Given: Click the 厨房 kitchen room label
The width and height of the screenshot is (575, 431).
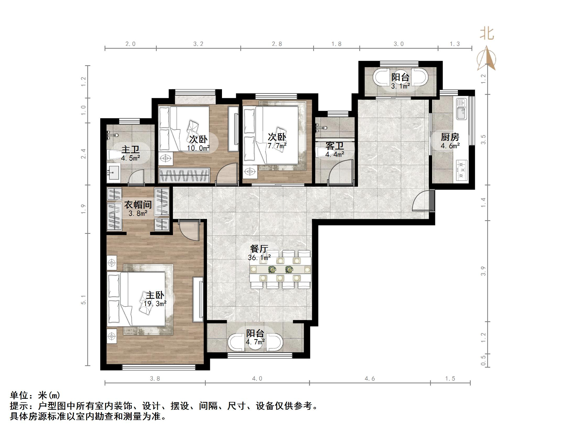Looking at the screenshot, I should tap(450, 137).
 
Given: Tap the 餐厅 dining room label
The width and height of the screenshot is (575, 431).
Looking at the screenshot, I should tap(259, 248).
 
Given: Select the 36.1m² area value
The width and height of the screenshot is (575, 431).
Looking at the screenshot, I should tap(259, 258).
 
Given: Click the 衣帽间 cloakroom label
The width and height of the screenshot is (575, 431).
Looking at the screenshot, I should tap(138, 205).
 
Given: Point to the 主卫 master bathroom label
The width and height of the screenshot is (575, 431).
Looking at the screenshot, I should tap(130, 150).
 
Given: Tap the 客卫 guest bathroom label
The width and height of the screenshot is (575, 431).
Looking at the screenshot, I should tap(334, 146).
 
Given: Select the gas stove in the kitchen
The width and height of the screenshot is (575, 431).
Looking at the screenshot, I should tap(462, 170).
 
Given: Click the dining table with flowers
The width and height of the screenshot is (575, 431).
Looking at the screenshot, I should tap(280, 269).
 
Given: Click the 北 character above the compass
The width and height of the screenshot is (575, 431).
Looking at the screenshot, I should tap(487, 34).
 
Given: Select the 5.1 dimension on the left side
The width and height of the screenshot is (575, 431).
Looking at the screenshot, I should tap(83, 300).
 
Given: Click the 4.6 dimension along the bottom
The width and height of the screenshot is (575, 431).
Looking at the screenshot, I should tap(370, 378).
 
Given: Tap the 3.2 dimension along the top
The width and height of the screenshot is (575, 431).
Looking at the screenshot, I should tap(198, 44).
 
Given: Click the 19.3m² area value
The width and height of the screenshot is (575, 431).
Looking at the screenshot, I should tap(155, 304).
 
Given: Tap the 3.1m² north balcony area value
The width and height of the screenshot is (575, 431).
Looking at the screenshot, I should tap(400, 86).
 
